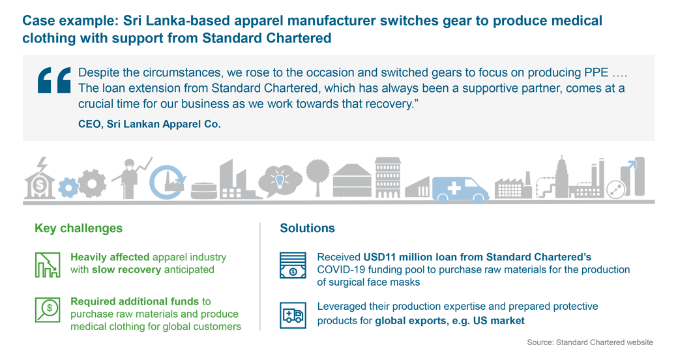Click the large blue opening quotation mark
point(55,80)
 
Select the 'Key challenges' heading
point(79,228)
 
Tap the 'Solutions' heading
point(308,228)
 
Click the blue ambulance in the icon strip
point(460,189)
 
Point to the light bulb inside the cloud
point(280,179)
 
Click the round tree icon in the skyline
point(318,177)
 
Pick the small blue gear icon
point(68,187)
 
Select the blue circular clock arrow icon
point(168,182)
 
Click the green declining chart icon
point(48,264)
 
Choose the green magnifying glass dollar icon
point(48,309)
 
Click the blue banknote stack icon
point(293,265)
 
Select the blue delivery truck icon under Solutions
point(293,315)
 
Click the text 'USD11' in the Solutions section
point(379,257)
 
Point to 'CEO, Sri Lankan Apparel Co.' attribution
point(149,124)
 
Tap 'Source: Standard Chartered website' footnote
point(590,342)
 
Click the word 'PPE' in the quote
point(597,72)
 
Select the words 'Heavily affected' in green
point(110,257)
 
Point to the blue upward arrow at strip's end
point(632,165)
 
